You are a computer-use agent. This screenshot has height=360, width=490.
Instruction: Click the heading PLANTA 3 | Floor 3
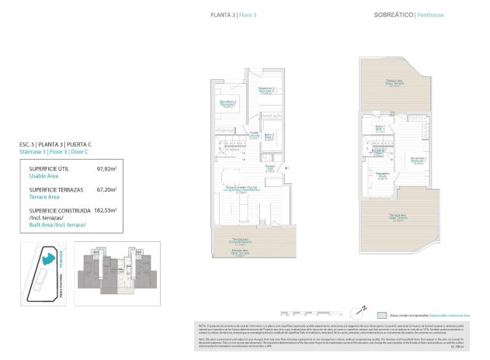pos(234,15)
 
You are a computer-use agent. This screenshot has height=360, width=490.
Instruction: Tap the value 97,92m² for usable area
pos(106,168)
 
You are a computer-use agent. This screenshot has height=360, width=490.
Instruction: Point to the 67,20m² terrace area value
pos(106,189)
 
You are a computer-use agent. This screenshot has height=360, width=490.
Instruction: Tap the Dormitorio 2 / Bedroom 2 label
pos(228,103)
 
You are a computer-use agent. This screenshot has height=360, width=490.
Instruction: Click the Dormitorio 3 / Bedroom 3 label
pos(267,90)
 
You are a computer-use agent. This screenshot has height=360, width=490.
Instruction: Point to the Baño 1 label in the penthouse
pos(381,127)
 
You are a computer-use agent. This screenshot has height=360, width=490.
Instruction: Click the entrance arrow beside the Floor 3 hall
pos(287,167)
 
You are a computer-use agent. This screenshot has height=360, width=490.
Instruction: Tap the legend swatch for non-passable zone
pos(381,316)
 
